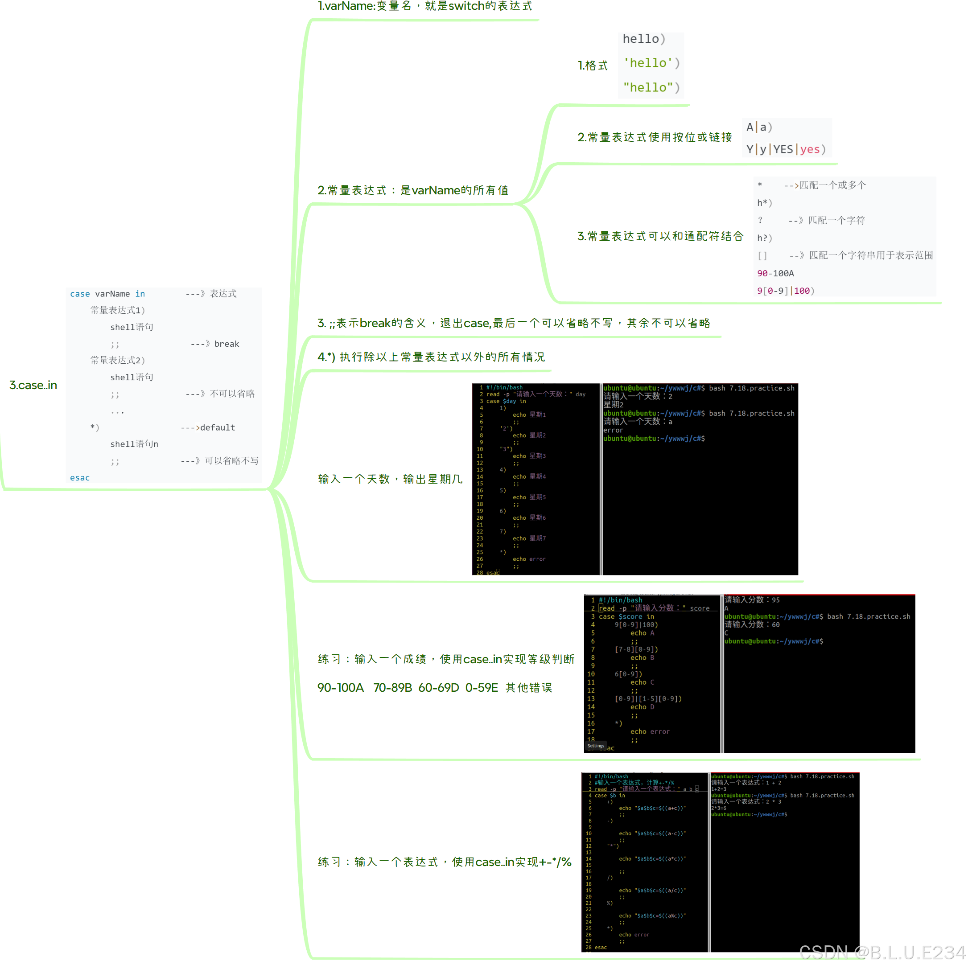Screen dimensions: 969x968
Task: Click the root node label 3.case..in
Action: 33,385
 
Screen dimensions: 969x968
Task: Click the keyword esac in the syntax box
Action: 80,477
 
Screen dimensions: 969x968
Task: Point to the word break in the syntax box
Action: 227,344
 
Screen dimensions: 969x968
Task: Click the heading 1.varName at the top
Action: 424,7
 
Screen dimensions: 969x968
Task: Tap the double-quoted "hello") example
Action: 651,87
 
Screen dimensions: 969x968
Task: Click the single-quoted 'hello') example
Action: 651,63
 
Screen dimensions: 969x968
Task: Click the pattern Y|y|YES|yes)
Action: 785,149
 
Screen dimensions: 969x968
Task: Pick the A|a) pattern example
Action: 759,127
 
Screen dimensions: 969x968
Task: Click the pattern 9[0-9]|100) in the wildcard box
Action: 785,291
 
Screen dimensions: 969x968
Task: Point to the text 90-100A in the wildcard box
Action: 775,273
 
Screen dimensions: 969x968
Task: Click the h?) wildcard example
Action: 764,238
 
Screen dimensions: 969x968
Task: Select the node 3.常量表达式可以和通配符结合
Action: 660,236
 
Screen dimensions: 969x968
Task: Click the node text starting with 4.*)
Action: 431,357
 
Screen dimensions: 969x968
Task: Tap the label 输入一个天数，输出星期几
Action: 390,479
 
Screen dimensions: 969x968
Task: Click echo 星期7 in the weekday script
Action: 529,538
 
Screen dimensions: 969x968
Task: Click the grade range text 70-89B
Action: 392,688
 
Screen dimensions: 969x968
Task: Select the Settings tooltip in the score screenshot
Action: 596,746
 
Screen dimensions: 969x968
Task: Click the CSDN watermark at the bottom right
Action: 881,952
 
